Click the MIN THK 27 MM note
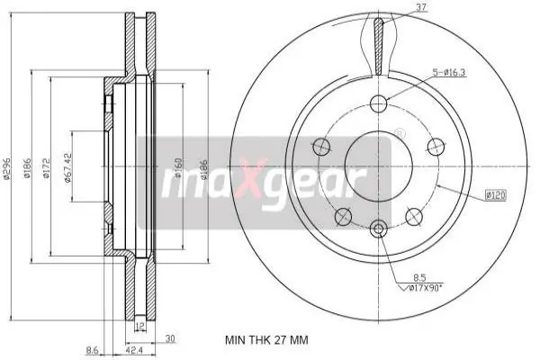[266, 341]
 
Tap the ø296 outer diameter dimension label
[6, 169]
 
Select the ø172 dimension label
[46, 168]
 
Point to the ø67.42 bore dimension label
[67, 167]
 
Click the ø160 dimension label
[178, 167]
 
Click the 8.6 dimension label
[93, 351]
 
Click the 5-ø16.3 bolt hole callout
[449, 73]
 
